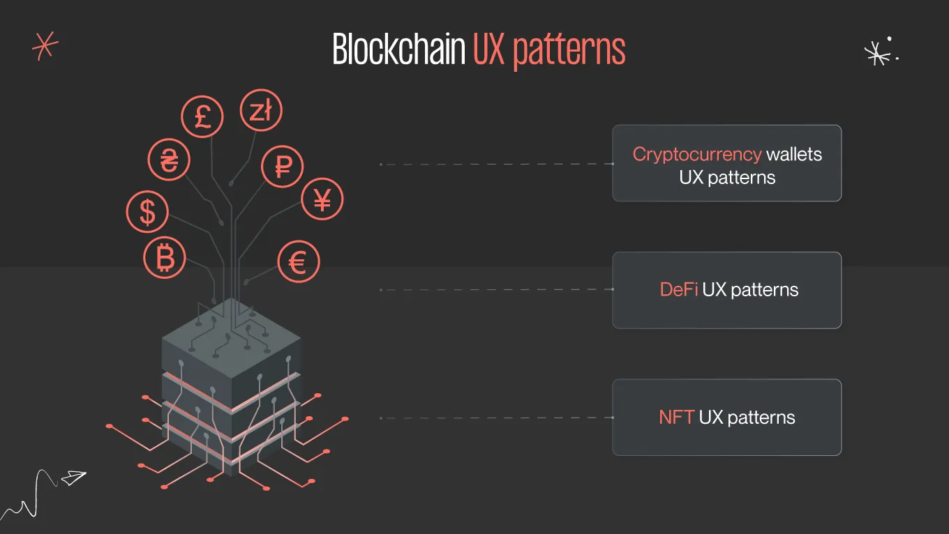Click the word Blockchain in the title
click(x=398, y=50)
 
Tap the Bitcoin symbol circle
click(x=165, y=258)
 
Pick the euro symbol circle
click(x=298, y=263)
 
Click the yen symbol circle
click(x=322, y=199)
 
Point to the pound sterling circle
click(x=202, y=116)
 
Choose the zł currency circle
click(x=261, y=111)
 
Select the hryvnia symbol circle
click(x=169, y=160)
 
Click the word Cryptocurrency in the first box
click(x=696, y=154)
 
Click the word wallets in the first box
click(x=794, y=154)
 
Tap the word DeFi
click(x=678, y=289)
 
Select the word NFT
click(x=675, y=418)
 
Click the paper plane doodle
click(x=73, y=478)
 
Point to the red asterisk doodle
click(x=45, y=46)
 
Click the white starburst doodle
click(x=876, y=53)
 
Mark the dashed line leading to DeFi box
click(x=495, y=289)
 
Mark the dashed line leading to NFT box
click(x=495, y=418)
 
